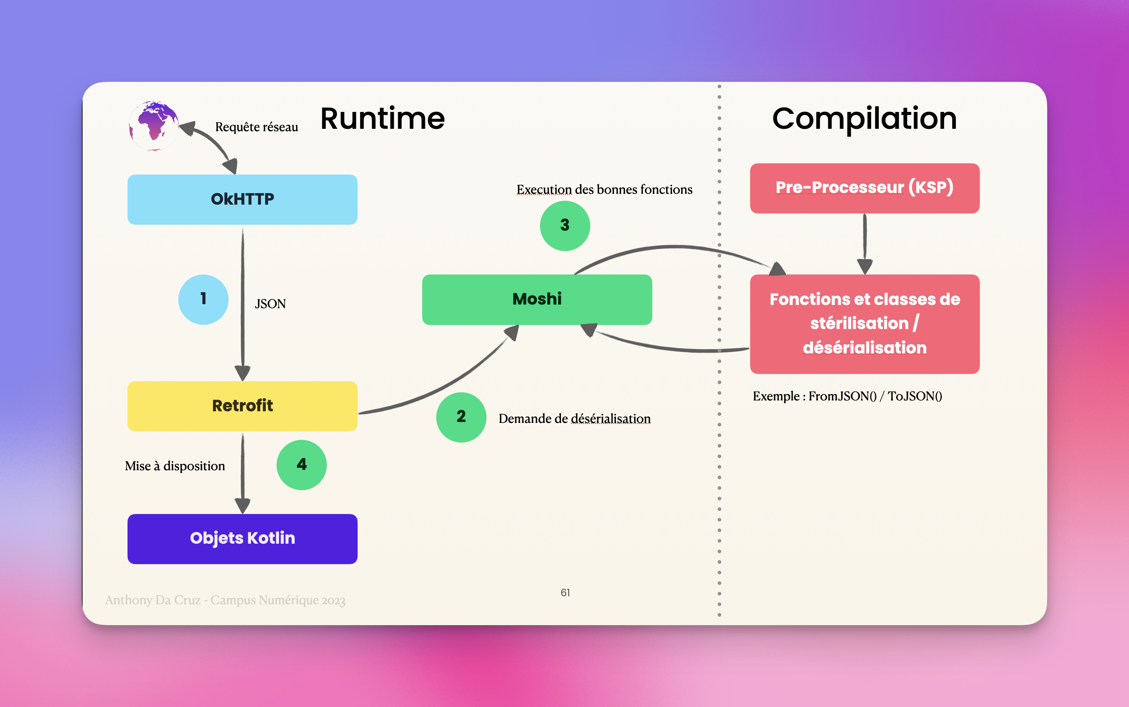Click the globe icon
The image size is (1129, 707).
point(154,125)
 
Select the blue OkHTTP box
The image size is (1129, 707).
point(243,199)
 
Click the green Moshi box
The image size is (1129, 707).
point(537,299)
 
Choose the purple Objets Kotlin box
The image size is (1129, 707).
point(243,538)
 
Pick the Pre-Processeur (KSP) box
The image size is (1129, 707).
point(865,188)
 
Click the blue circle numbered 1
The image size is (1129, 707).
point(203,299)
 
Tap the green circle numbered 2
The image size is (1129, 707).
point(461,417)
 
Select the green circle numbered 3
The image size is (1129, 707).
point(565,226)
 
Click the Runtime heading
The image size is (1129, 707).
point(382,119)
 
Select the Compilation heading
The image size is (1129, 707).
point(865,119)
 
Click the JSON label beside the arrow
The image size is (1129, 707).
point(270,304)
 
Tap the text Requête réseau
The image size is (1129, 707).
point(257,127)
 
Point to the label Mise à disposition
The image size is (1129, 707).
point(175,466)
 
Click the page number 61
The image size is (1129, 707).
point(565,593)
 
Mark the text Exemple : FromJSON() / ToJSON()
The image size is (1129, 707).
point(847,396)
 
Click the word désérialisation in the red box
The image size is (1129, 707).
point(865,348)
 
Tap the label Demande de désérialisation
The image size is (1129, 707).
point(575,419)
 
